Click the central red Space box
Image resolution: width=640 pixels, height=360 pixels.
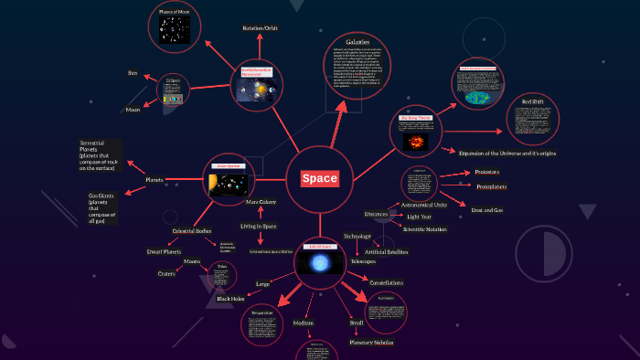[320, 179]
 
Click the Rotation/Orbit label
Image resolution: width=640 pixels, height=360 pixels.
[261, 29]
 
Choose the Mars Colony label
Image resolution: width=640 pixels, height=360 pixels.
[261, 202]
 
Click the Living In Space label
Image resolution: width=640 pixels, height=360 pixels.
[258, 226]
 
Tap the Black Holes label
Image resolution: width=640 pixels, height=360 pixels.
[231, 299]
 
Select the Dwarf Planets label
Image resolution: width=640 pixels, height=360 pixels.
[165, 250]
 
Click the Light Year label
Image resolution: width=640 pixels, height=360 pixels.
[420, 217]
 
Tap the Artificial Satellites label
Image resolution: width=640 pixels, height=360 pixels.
[386, 251]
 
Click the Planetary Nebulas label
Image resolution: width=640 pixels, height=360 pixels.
[370, 342]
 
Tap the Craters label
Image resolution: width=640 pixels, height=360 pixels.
[166, 273]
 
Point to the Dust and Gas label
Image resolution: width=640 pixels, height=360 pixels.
[487, 209]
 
